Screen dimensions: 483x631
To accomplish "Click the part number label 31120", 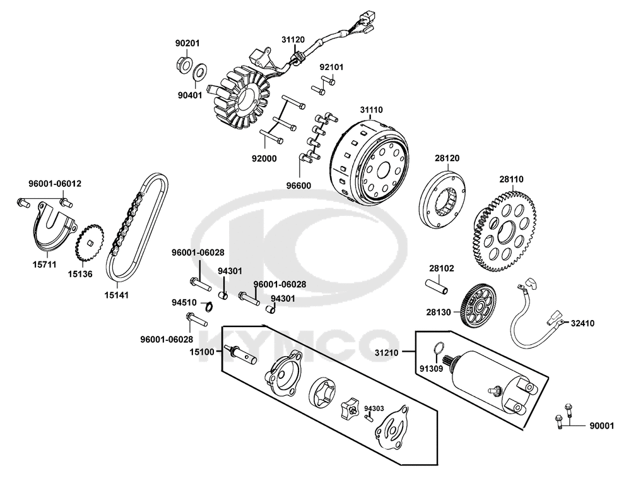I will click(293, 39).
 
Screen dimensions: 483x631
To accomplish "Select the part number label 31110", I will click(371, 109).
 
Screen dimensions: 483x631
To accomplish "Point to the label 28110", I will click(511, 179).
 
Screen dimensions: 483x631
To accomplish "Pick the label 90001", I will click(601, 426).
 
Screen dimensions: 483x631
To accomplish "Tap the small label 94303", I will click(374, 408).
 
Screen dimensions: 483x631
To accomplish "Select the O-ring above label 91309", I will click(442, 348).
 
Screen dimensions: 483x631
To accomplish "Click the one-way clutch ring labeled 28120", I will click(445, 201).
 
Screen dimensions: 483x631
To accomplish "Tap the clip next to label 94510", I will click(206, 307).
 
